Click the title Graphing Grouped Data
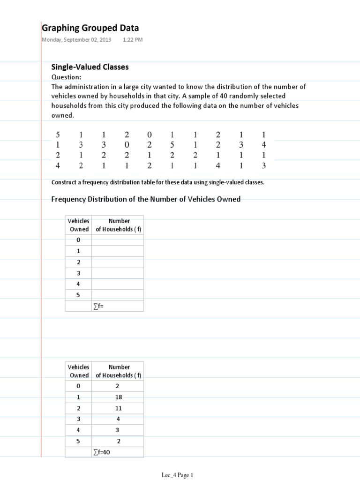[x=90, y=28]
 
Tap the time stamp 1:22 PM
[x=133, y=40]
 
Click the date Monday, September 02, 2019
[x=77, y=40]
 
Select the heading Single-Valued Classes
[x=90, y=67]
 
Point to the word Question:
[x=66, y=77]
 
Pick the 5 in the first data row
[x=58, y=135]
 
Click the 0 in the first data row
[x=150, y=135]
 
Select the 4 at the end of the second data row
[x=264, y=145]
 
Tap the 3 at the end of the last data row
[x=264, y=165]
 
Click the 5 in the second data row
[x=172, y=145]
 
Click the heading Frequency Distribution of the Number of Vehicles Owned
[x=145, y=199]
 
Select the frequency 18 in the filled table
[x=119, y=397]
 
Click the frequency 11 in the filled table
[x=119, y=408]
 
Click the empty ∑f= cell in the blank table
[x=117, y=306]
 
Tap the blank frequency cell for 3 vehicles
[x=118, y=273]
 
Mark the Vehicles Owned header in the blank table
[x=79, y=225]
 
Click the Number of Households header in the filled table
[x=119, y=371]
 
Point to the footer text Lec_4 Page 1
[x=177, y=475]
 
